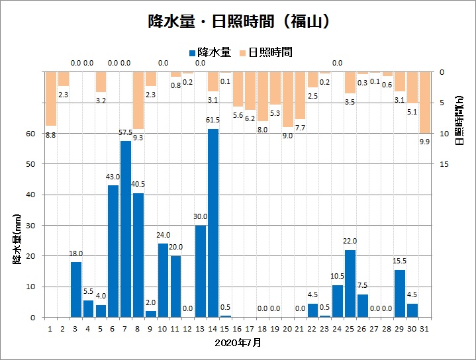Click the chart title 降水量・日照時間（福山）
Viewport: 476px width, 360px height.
point(238,21)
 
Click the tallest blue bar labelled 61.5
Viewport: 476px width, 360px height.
point(213,223)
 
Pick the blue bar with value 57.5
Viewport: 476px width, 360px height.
point(125,229)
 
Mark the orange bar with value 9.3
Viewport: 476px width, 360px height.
point(138,101)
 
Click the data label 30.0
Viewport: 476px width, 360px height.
point(200,217)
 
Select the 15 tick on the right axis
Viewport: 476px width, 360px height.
point(445,164)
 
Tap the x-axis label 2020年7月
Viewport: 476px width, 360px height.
point(238,343)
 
